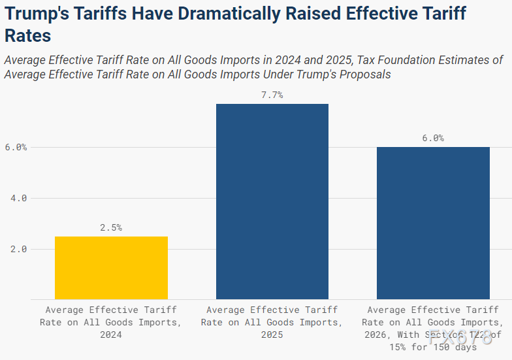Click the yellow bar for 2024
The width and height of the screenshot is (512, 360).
tap(111, 268)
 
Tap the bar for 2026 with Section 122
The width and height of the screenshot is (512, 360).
tap(433, 223)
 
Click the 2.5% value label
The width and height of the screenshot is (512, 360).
tap(111, 227)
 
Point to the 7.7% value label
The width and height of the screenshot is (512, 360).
tap(272, 95)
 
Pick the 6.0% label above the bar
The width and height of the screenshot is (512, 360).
tap(433, 138)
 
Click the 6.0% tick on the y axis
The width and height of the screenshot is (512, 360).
tap(16, 147)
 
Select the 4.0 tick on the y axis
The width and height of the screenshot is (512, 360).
tap(19, 198)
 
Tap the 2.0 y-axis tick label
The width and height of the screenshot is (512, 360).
tap(19, 249)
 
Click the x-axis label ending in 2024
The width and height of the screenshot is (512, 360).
tap(111, 322)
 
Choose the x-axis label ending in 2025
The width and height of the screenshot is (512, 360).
tap(272, 322)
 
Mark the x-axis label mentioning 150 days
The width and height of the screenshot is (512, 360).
tap(433, 328)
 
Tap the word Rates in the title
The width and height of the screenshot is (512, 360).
tap(27, 36)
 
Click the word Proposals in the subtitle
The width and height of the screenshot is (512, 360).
tap(364, 74)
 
